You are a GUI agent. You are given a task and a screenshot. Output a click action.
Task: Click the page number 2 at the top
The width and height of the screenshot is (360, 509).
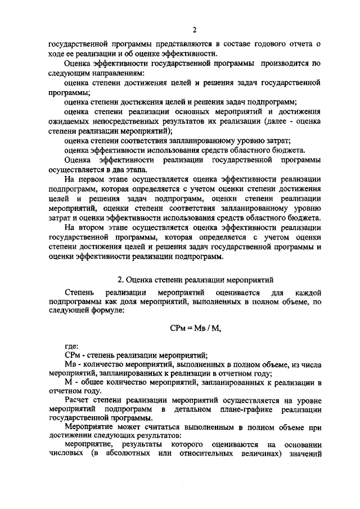195,29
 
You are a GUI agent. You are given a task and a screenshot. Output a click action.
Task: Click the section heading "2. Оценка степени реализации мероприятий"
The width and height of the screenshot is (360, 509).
195,279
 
